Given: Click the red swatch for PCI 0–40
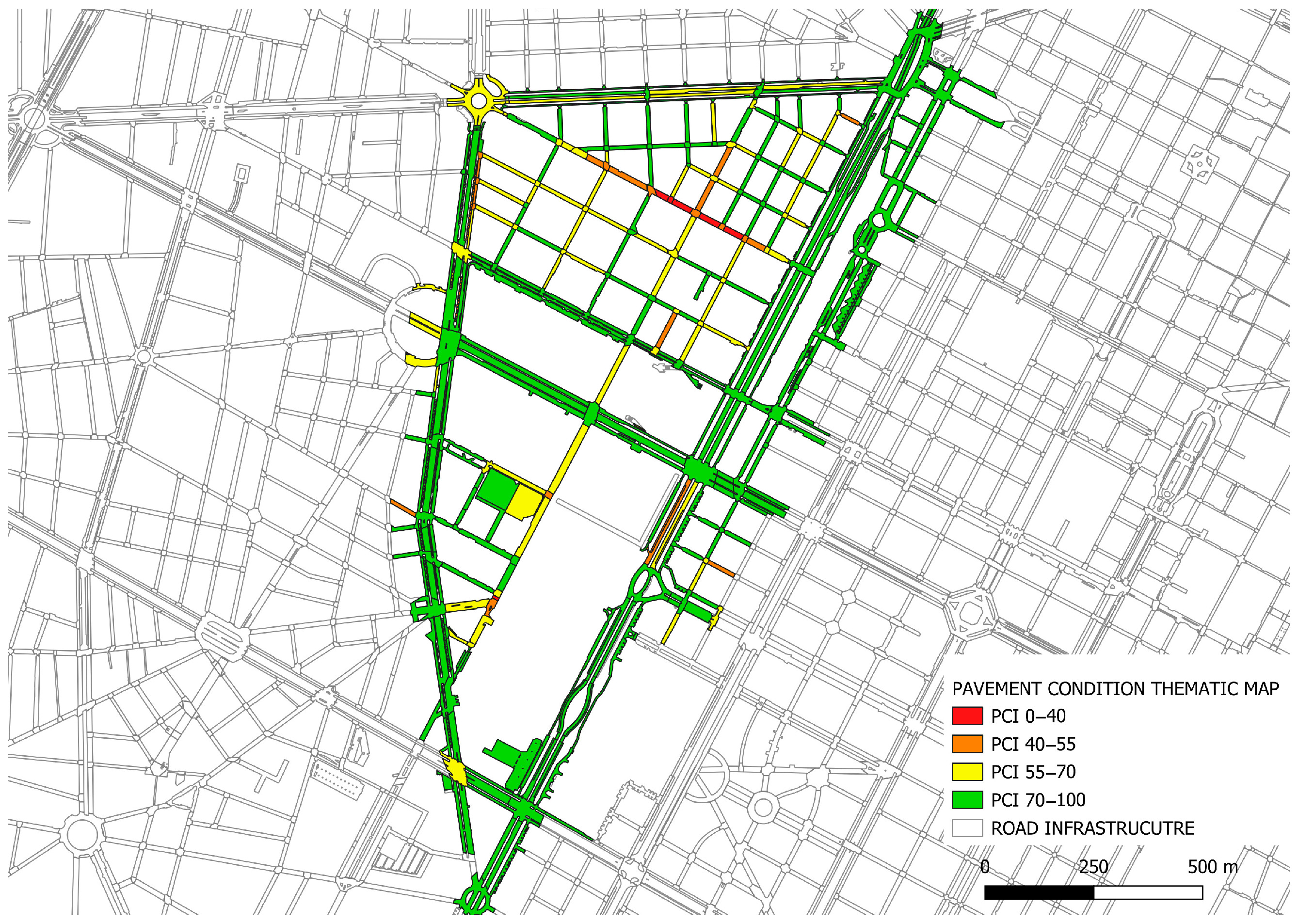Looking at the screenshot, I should [966, 716].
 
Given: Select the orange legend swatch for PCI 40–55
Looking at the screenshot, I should [966, 744].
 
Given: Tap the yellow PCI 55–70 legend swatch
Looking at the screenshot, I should [966, 772].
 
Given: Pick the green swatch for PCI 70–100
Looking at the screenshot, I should [966, 799].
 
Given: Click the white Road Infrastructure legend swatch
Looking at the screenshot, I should [966, 828].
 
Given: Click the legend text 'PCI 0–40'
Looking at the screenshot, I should [1028, 716].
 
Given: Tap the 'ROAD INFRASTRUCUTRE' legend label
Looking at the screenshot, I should [1092, 828].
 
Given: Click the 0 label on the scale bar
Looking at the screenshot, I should [985, 867].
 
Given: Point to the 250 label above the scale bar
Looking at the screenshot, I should [1093, 867].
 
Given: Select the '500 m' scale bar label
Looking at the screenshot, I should [1212, 867].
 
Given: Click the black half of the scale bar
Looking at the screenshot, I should [1039, 892].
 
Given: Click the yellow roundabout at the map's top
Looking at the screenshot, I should [479, 101].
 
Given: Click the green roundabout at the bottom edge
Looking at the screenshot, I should [476, 899].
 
